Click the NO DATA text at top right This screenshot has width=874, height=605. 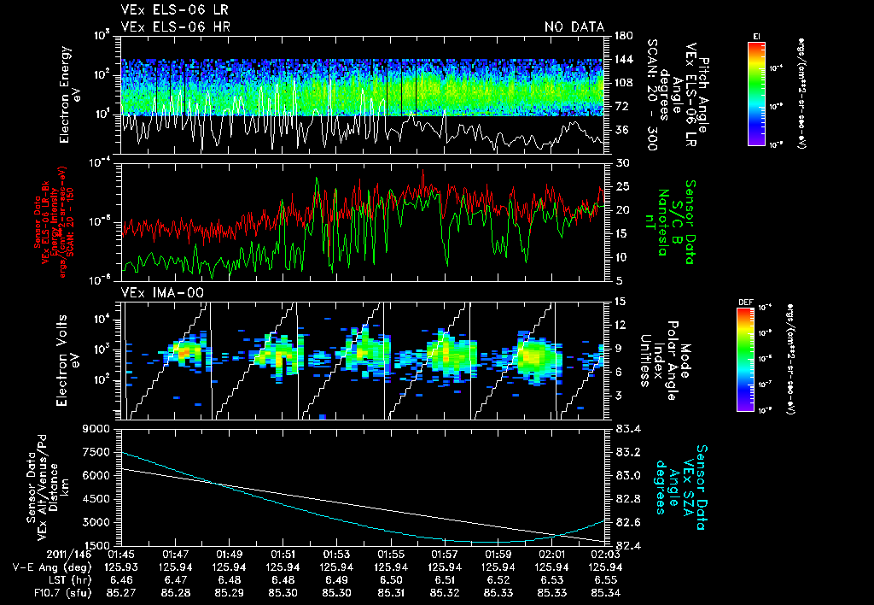click(574, 27)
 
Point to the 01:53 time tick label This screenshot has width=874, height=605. click(336, 554)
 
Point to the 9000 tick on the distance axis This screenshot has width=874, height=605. click(97, 427)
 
